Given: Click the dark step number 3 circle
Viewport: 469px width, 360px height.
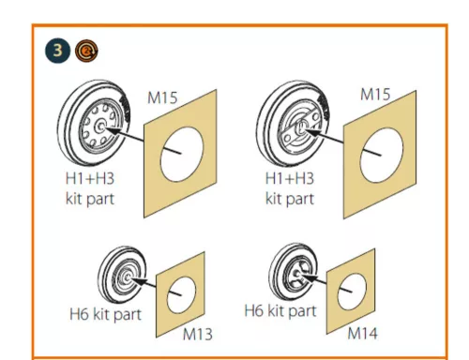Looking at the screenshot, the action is pos(58,50).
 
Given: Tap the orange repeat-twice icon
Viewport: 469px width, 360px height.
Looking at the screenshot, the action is pos(86,51).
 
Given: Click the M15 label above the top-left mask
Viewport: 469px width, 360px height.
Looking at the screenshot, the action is pos(162,97).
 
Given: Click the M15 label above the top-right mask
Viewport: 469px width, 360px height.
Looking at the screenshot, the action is pos(375,94).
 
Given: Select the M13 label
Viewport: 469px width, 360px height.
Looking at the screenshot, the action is pos(198,334).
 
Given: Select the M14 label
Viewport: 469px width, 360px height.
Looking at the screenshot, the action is pos(362,333).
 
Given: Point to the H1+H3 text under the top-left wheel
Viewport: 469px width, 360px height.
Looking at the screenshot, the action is pos(90,179).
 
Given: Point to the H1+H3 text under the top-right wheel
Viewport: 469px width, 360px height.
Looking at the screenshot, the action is pos(290,179).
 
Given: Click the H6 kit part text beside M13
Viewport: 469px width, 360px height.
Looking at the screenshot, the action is pos(105,315).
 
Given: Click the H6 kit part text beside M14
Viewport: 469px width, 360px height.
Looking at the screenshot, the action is pos(280,311).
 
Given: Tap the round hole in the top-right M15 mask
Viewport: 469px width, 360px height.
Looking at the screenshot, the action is pos(382,156).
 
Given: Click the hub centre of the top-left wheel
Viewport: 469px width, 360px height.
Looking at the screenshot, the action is pos(100,127).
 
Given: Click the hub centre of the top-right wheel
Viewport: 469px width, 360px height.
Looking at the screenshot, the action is pos(300,127).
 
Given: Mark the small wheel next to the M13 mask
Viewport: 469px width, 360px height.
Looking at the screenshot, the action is pos(122,275).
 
